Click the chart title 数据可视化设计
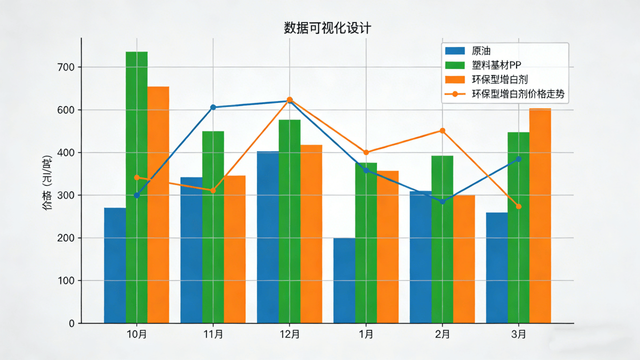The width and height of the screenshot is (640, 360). click(x=327, y=28)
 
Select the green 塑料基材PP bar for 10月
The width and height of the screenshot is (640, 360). click(x=136, y=187)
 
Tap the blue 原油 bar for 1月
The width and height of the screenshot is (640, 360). click(x=344, y=280)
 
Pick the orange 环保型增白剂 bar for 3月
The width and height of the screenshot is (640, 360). click(x=540, y=215)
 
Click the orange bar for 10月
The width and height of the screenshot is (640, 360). click(x=158, y=205)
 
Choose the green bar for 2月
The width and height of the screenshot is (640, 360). click(x=442, y=239)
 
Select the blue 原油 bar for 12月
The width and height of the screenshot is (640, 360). click(x=267, y=237)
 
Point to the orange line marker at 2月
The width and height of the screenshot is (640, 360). click(x=442, y=131)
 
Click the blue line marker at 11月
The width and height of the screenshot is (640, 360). click(x=213, y=107)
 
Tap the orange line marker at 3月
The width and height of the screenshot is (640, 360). click(x=518, y=206)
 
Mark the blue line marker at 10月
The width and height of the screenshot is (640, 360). click(x=136, y=195)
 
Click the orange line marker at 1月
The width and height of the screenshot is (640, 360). click(x=366, y=152)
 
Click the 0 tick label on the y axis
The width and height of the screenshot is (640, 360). click(x=71, y=323)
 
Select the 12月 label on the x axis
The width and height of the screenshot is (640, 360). click(x=289, y=334)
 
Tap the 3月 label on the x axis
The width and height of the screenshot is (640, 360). click(x=518, y=334)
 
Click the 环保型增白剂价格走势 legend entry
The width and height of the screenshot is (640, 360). click(x=518, y=93)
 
